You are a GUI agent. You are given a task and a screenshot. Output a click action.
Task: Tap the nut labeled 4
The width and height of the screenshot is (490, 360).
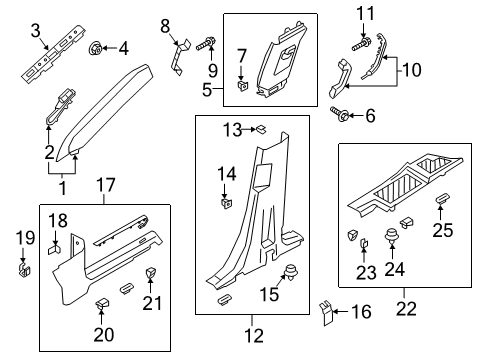click(97, 47)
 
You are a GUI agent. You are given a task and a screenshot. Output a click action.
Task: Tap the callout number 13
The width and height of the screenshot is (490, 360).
click(232, 129)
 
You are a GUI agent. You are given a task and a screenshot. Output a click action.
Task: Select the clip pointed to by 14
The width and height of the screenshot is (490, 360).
click(225, 206)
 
